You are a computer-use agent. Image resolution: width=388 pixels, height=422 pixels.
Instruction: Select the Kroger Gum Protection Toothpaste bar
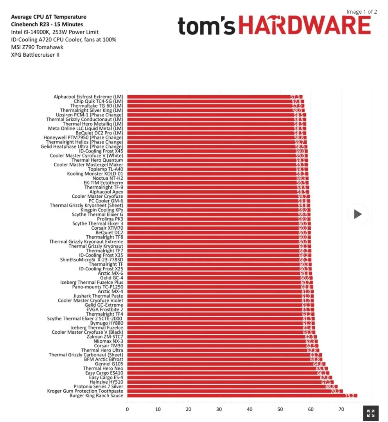point(235,391)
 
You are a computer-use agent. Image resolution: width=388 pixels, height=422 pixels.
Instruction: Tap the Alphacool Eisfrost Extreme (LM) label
point(88,97)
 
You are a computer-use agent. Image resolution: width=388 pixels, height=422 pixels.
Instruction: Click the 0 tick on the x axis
point(127,409)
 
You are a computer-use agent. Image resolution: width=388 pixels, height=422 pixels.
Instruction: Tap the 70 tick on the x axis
point(341,409)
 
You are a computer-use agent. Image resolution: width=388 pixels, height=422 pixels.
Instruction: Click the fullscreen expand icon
point(371,413)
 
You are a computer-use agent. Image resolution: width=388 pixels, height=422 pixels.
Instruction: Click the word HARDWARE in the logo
point(304,26)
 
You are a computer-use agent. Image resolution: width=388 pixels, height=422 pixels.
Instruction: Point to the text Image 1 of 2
point(362,12)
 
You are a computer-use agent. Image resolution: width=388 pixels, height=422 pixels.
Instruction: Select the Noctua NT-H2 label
point(108,178)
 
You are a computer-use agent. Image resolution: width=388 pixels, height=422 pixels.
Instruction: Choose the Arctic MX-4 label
point(110,291)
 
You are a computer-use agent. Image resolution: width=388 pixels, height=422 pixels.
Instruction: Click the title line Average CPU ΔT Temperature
point(48,17)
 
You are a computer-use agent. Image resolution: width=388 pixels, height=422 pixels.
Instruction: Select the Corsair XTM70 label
point(107,228)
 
